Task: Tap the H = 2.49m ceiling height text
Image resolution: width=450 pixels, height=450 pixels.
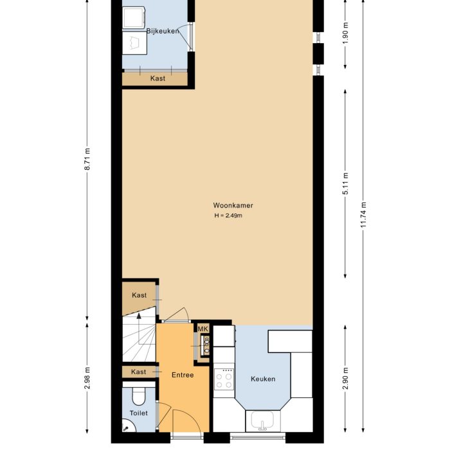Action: point(228,215)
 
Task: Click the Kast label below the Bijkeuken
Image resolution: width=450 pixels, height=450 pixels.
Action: point(157,78)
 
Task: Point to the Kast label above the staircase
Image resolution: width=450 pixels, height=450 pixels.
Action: point(139,295)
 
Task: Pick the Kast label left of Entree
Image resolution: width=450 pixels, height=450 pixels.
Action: point(138,372)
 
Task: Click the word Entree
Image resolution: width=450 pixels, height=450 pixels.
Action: point(183,375)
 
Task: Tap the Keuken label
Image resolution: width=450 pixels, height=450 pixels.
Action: point(263,379)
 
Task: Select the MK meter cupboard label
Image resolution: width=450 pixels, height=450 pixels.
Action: point(203,329)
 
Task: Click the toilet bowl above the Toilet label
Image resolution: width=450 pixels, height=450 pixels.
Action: point(138,394)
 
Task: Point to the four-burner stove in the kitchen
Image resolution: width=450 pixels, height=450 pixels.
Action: point(224,378)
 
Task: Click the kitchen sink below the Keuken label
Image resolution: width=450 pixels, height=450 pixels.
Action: point(262,422)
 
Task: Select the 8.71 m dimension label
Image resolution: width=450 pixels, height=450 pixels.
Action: point(87,159)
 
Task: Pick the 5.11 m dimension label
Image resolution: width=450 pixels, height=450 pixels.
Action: point(345,184)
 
